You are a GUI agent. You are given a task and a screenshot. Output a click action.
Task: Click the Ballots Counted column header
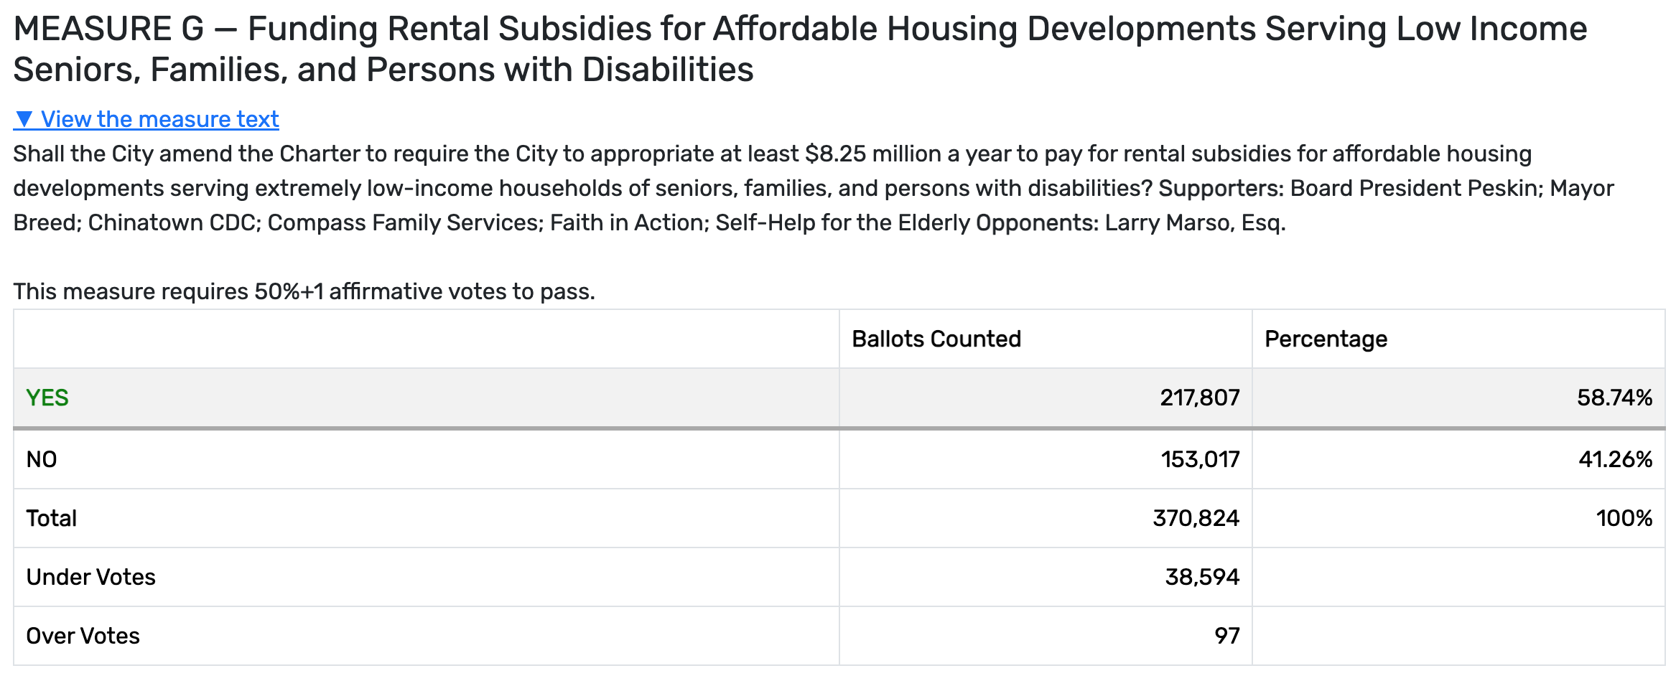[936, 339]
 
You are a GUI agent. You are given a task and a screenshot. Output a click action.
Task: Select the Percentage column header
[1326, 339]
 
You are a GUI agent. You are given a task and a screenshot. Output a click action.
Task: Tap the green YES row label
[47, 398]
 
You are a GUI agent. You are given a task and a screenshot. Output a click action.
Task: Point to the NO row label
[42, 459]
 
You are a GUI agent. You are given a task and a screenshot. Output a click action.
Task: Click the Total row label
[51, 518]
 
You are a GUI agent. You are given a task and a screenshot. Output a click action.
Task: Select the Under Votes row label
[90, 577]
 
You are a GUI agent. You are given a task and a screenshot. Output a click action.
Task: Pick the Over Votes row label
[83, 636]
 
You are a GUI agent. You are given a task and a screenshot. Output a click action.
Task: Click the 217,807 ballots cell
[1199, 398]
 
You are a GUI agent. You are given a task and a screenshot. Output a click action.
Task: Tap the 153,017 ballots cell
[1200, 459]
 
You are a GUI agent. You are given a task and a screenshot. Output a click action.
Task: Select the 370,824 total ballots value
[1196, 518]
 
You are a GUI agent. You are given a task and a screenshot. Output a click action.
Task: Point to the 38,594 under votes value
[1201, 577]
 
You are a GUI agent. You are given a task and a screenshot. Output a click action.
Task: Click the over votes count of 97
[1226, 636]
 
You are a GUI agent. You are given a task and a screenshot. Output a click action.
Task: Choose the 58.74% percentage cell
[1614, 398]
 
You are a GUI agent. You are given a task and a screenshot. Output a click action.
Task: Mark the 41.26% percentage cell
[1615, 459]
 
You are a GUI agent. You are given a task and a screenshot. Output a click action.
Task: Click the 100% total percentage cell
[1624, 518]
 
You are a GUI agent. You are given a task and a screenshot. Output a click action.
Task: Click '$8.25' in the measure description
[835, 154]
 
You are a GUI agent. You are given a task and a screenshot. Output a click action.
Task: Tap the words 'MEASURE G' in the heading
[108, 29]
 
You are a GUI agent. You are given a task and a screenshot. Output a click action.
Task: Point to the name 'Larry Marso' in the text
[1168, 222]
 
